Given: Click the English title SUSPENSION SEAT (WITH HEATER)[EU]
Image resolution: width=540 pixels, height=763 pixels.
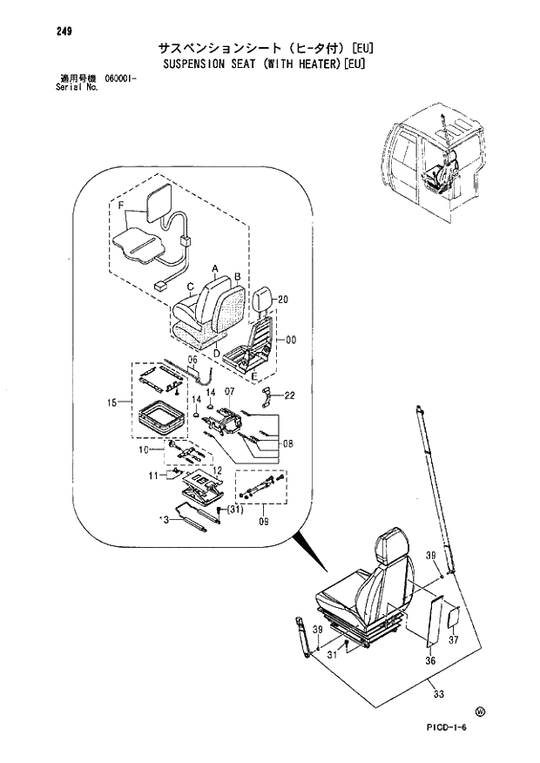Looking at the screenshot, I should click(x=266, y=64).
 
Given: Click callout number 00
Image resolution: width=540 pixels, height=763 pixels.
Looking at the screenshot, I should click(x=291, y=341).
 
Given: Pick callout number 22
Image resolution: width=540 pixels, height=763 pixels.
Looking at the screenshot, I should click(x=289, y=395).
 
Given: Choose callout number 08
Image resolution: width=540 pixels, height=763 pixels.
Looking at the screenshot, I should click(x=287, y=443).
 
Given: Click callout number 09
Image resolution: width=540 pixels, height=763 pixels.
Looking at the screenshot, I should click(x=266, y=523).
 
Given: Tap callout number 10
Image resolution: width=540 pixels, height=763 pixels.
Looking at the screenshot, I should click(x=145, y=449).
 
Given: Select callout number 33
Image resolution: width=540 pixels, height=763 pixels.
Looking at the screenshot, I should click(x=436, y=693).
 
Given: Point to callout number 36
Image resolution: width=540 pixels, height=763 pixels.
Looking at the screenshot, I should click(x=429, y=660).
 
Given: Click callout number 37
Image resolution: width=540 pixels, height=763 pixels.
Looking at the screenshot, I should click(x=453, y=640).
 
